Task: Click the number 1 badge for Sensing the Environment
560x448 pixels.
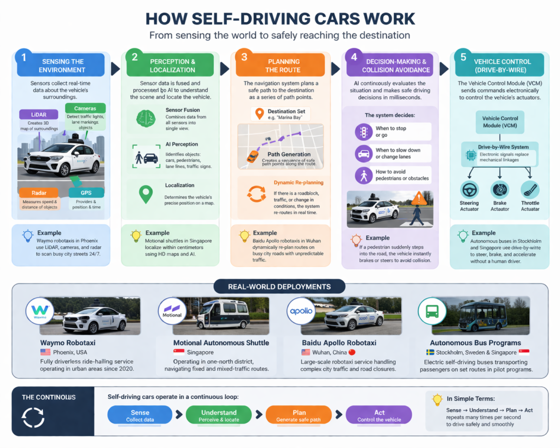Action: [24, 57]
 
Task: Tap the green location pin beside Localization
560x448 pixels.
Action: [145, 194]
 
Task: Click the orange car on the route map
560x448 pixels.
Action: [253, 156]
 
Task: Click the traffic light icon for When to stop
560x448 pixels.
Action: [363, 132]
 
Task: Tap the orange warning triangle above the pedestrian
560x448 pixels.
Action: [419, 197]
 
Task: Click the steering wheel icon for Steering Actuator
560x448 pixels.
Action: [469, 190]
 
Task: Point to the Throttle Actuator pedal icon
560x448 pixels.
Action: [530, 190]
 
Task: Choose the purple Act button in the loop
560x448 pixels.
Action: [379, 415]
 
